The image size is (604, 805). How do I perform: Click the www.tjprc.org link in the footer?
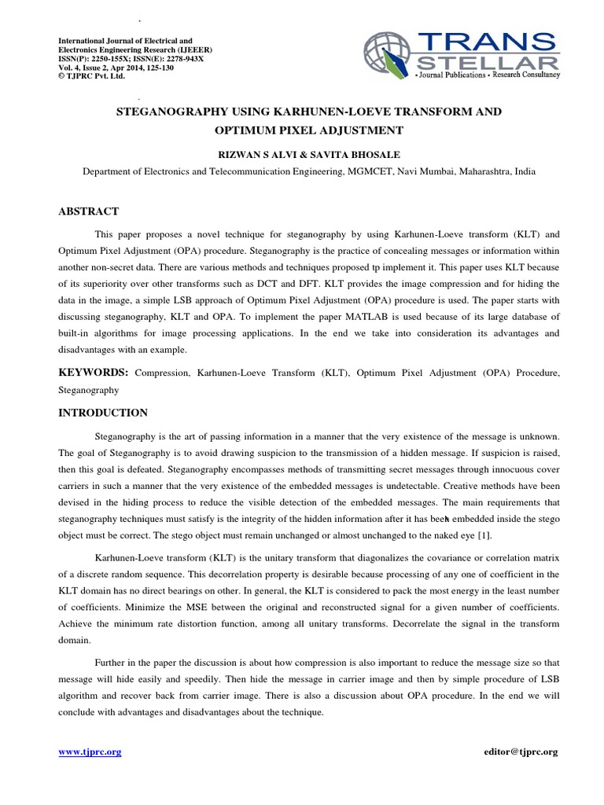90,752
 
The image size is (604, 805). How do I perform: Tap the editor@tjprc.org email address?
521,752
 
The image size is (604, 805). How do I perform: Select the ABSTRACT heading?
89,211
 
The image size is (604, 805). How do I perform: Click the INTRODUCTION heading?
103,413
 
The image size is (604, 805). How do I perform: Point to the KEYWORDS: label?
94,372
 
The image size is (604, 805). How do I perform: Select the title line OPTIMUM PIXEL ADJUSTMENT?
309,130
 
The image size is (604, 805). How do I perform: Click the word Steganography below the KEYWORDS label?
88,389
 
